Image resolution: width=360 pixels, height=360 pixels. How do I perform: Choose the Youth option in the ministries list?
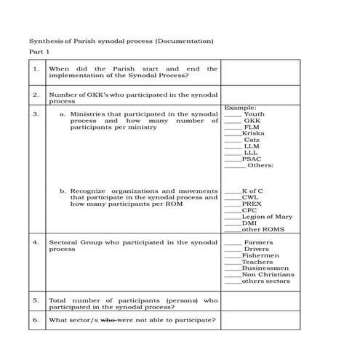coord(254,114)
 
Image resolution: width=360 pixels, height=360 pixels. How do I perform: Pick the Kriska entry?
coord(253,133)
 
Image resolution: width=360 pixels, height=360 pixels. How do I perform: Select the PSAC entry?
coord(252,159)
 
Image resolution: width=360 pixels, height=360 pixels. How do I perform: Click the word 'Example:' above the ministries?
coord(239,108)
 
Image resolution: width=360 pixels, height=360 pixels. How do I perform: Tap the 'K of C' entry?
coord(252,191)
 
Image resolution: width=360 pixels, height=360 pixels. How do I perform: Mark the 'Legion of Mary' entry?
coord(267,217)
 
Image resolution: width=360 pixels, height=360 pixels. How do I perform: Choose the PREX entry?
coord(252,204)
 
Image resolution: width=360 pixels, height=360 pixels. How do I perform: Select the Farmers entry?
coord(257,242)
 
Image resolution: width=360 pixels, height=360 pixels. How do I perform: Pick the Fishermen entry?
coord(259,255)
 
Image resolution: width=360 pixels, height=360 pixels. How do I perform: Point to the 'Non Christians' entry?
coord(268,275)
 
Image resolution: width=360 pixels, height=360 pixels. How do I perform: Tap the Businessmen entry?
coord(265,268)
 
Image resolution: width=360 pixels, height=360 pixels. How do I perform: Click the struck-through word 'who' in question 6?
coord(108,320)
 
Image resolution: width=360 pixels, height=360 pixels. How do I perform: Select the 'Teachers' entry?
coord(257,262)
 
